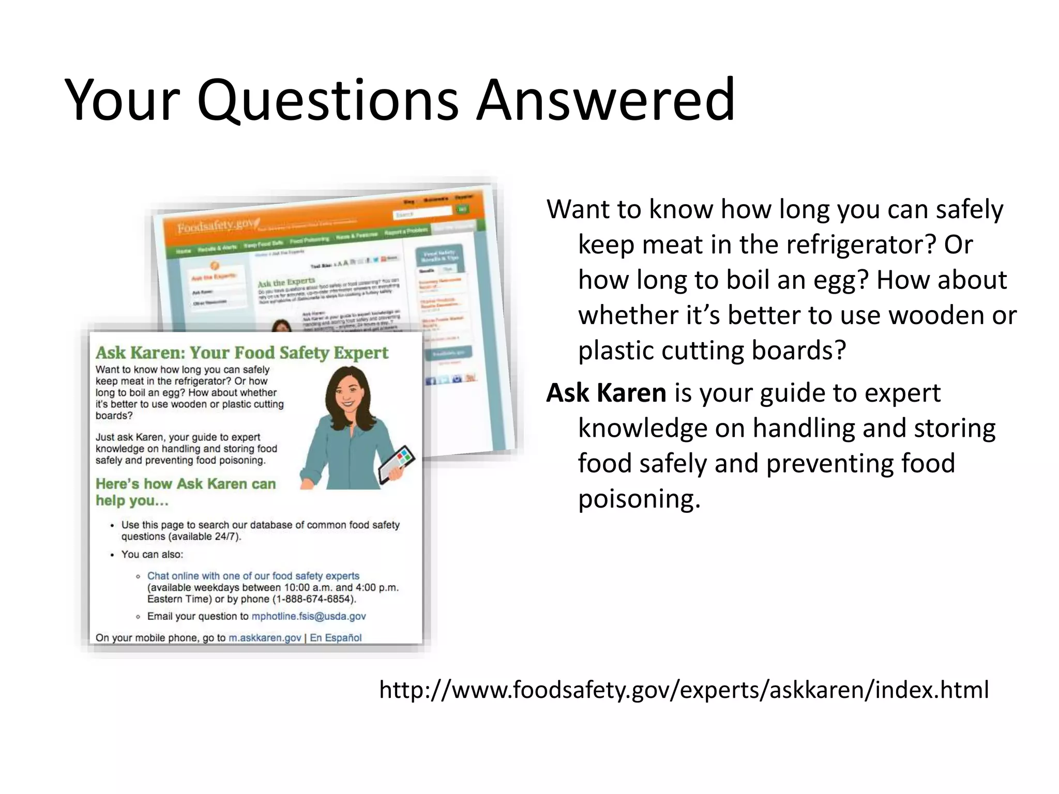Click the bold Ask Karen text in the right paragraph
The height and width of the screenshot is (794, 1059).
[606, 393]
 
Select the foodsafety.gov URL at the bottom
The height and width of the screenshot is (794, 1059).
[684, 690]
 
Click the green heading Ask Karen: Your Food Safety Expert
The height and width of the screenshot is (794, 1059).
[241, 353]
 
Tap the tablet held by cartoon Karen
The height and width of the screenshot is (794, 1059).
[397, 464]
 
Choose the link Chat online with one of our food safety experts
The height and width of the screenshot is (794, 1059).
[253, 576]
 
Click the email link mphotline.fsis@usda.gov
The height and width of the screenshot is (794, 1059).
[309, 616]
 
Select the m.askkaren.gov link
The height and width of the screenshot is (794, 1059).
[265, 638]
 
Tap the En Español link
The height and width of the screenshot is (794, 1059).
[336, 638]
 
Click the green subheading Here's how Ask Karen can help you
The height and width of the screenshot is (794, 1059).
[185, 492]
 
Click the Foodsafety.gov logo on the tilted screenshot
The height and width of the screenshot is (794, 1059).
[215, 226]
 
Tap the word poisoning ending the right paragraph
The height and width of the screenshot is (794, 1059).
[639, 499]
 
